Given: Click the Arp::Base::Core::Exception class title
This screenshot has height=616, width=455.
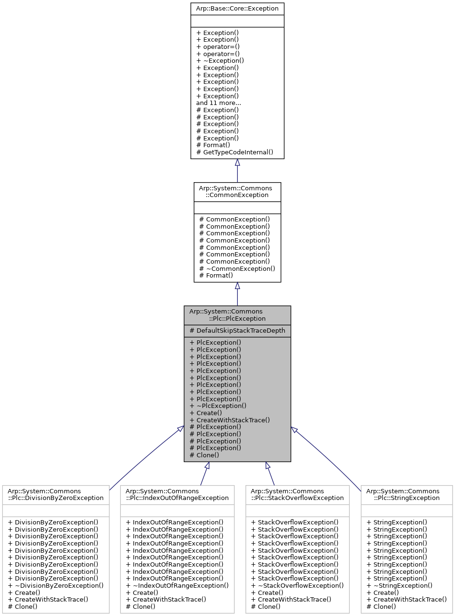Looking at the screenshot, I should click(237, 9).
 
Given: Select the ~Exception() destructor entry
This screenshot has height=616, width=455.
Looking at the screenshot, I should click(220, 61).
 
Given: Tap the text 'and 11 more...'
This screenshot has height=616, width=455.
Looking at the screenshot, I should click(218, 103).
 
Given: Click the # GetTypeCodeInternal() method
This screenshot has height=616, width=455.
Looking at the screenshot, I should click(234, 152).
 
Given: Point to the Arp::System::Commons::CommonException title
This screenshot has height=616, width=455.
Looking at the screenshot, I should click(237, 192).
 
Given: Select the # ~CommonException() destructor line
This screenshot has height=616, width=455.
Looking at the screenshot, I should click(237, 268).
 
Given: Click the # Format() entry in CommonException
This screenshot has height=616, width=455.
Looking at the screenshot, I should click(216, 275).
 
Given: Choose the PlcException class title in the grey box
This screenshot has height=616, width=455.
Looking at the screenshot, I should click(237, 315).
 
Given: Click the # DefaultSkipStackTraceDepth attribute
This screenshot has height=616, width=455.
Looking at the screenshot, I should click(237, 331).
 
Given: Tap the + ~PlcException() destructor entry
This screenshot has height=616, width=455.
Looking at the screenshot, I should click(218, 406).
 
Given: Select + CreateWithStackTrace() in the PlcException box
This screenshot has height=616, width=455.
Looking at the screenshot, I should click(230, 420).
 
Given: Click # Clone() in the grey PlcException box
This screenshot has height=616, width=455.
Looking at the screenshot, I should click(204, 455).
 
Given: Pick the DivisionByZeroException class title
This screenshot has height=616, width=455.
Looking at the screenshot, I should click(56, 494).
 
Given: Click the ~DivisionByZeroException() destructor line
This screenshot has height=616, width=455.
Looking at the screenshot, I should click(56, 585).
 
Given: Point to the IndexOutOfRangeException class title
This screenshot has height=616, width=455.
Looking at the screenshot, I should click(177, 494).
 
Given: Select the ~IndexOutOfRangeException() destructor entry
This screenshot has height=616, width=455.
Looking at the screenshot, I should click(177, 585).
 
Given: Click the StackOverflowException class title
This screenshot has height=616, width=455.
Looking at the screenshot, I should click(297, 494).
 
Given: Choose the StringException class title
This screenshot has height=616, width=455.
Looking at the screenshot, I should click(407, 494).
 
